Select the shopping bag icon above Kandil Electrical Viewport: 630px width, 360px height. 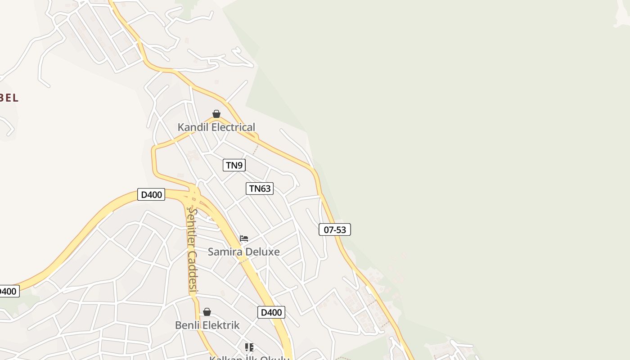click(x=216, y=114)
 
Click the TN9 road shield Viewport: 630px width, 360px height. click(x=234, y=165)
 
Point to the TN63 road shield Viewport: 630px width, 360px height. click(x=260, y=189)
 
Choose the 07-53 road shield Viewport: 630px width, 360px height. click(x=335, y=229)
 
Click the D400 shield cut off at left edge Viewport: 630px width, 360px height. click(x=8, y=291)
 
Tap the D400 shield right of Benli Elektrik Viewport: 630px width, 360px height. click(x=271, y=312)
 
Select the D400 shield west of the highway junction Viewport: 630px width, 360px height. click(x=151, y=195)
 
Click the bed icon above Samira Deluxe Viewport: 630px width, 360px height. click(x=244, y=238)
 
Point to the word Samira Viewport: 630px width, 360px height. click(x=223, y=252)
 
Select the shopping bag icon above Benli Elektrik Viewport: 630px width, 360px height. click(x=207, y=312)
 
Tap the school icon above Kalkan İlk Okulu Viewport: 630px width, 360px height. click(x=249, y=347)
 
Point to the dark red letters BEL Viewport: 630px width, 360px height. click(x=9, y=98)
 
